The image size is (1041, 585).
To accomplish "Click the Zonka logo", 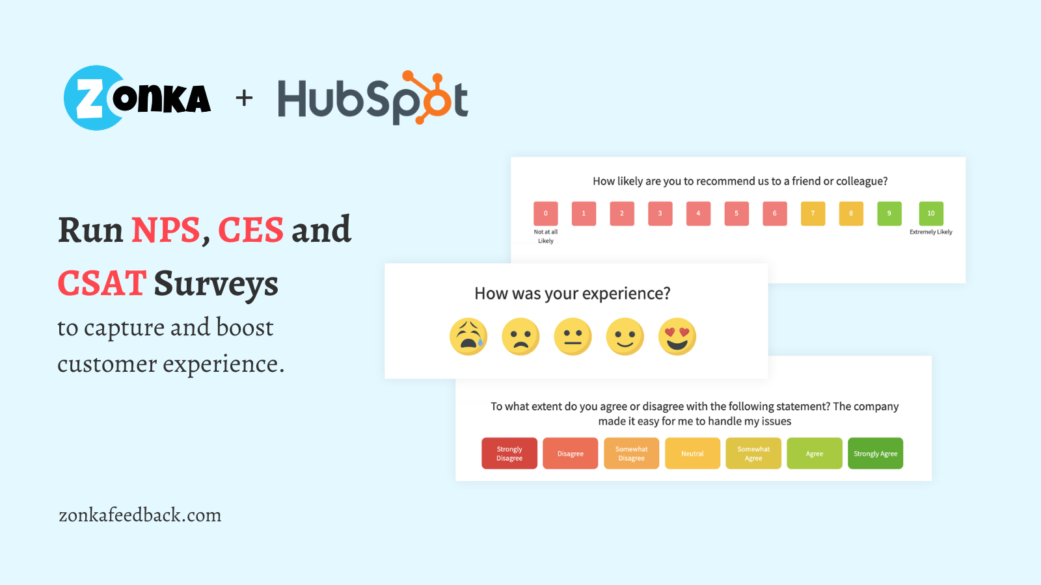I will click(x=137, y=98).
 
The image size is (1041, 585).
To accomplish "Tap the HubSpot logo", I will click(x=373, y=98).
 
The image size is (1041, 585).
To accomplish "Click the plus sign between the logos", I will click(x=244, y=98).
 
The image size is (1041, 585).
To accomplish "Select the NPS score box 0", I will click(x=545, y=213).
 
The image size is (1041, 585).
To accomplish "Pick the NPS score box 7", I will click(x=813, y=213).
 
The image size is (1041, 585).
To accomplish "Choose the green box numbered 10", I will click(x=930, y=213).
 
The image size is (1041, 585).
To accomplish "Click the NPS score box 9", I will click(x=889, y=213).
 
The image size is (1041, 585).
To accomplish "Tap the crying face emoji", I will click(x=468, y=337).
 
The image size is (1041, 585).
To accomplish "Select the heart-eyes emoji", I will click(x=677, y=337).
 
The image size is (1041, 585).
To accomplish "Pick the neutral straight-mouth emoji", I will click(x=573, y=337).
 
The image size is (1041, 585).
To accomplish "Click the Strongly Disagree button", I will click(x=509, y=453).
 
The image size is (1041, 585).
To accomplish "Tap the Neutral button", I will click(x=692, y=453).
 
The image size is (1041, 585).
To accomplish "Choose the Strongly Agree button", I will click(x=875, y=453).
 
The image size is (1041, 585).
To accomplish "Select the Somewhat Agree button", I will click(x=753, y=453).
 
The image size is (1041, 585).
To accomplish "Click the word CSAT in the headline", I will click(x=101, y=283).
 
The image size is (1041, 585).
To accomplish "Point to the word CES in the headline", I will click(x=250, y=230).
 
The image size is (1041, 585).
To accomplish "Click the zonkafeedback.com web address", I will click(x=140, y=515).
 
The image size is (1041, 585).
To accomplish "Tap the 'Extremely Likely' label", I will click(x=930, y=232).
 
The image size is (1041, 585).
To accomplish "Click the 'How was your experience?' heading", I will click(x=572, y=294).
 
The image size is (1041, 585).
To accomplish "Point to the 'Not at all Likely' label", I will click(x=545, y=236).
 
